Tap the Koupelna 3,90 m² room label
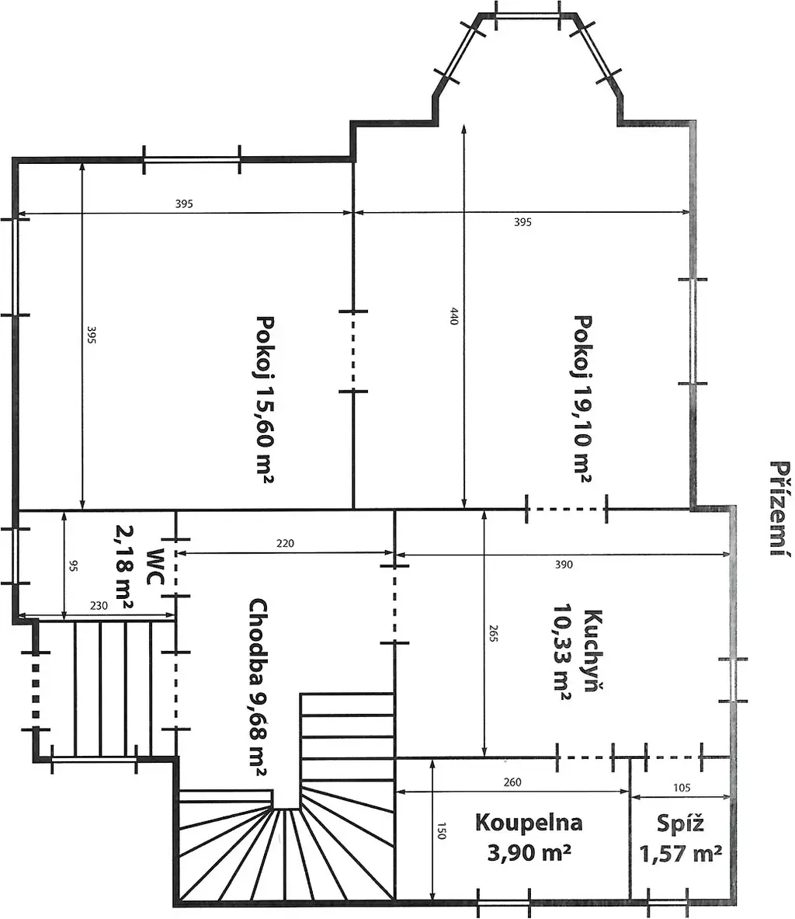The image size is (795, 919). [529, 837]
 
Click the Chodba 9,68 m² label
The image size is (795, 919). [259, 687]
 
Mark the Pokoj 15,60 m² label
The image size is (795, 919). [266, 399]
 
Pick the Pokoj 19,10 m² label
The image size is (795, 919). [583, 399]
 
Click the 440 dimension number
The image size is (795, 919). [454, 316]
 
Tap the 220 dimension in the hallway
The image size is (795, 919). [285, 543]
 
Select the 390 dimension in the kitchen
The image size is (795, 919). [564, 565]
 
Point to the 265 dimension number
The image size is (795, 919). [493, 634]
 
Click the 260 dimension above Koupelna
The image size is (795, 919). [512, 781]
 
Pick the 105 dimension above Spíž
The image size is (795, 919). [682, 788]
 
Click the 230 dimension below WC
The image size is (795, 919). [99, 605]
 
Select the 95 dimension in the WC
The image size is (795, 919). [73, 566]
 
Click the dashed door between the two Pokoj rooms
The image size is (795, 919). [353, 350]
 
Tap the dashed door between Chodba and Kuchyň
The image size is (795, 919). [394, 604]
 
